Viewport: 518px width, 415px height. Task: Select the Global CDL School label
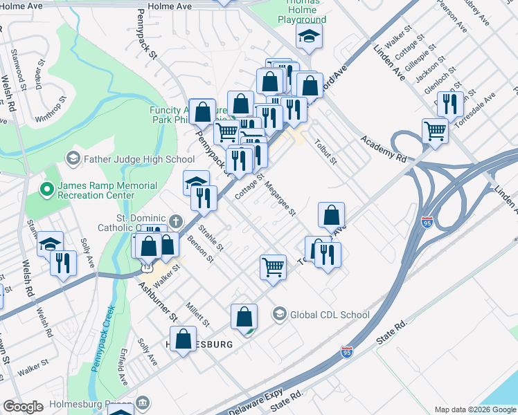330,315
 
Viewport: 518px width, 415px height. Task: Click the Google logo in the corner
23,407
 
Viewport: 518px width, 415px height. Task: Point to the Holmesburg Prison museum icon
143,402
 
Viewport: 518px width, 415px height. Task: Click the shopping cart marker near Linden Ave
435,130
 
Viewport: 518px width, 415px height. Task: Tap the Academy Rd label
383,147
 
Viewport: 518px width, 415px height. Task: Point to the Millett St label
197,314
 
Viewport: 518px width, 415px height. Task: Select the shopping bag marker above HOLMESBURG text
244,317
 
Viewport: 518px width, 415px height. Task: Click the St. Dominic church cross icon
177,221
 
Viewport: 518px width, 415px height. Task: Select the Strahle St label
211,237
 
